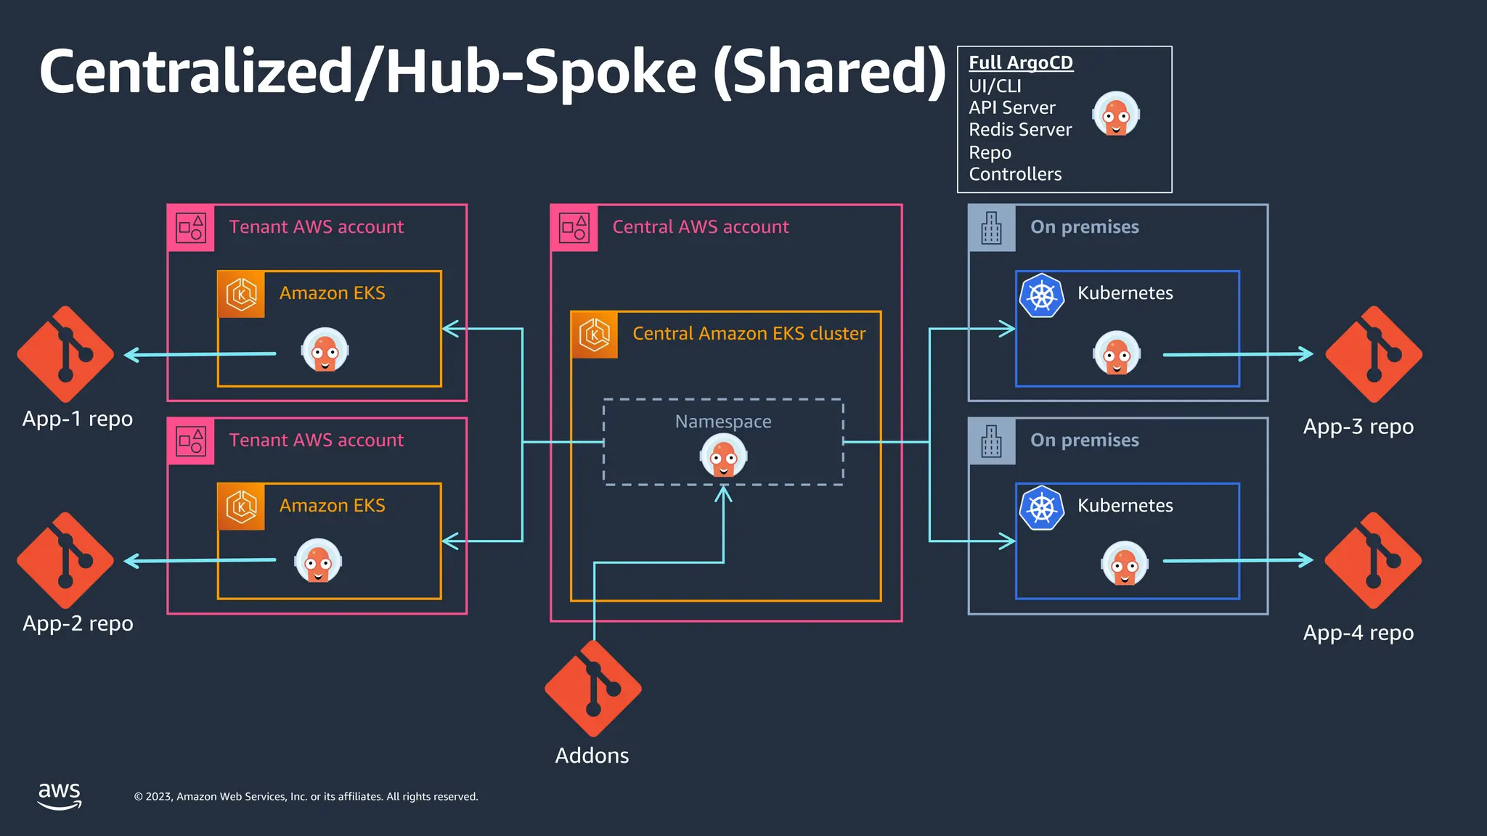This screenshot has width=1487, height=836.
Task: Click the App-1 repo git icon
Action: tap(65, 354)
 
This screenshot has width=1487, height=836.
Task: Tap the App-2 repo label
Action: tap(78, 623)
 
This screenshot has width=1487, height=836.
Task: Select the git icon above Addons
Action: tap(593, 689)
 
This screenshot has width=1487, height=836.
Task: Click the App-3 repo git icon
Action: tap(1374, 354)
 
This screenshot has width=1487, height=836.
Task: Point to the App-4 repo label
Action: tap(1358, 633)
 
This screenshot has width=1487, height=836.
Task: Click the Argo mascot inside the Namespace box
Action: tap(723, 456)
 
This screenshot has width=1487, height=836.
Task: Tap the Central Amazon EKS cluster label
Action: tap(749, 334)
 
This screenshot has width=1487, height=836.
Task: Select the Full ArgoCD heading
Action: tap(1020, 63)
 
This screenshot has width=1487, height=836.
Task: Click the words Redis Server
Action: tap(1019, 130)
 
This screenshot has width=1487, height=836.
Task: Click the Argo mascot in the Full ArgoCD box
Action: tap(1116, 114)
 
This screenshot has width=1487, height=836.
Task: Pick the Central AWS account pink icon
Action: tap(574, 228)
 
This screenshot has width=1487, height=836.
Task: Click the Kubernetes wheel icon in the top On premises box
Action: tap(1041, 295)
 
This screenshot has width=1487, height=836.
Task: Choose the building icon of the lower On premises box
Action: tap(991, 441)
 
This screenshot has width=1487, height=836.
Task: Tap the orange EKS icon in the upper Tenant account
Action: tap(241, 295)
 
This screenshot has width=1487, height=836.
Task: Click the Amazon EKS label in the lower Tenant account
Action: tap(332, 506)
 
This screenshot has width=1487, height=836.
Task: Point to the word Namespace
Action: tap(723, 422)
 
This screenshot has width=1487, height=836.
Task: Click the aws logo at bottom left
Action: tap(60, 795)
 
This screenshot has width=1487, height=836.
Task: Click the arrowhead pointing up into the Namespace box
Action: tap(723, 494)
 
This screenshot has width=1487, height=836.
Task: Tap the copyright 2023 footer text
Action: tap(306, 797)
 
